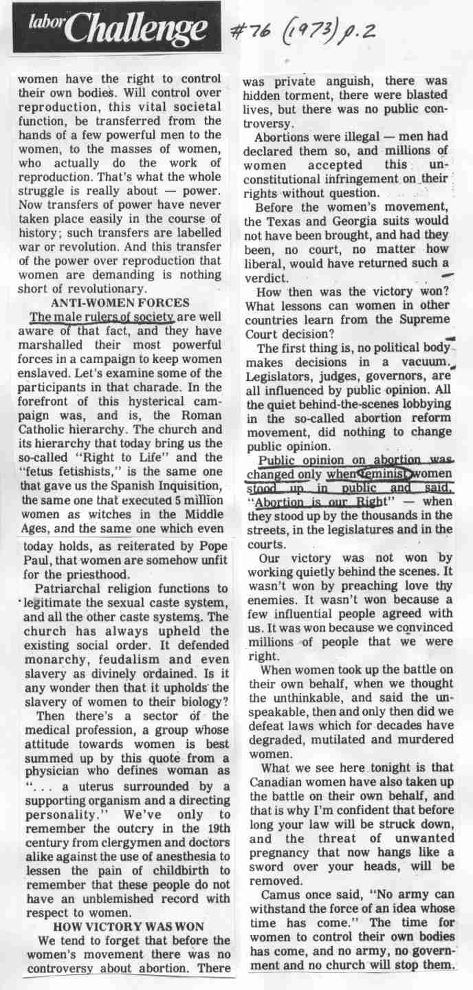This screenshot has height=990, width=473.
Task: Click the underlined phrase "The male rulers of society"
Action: (x=102, y=317)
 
